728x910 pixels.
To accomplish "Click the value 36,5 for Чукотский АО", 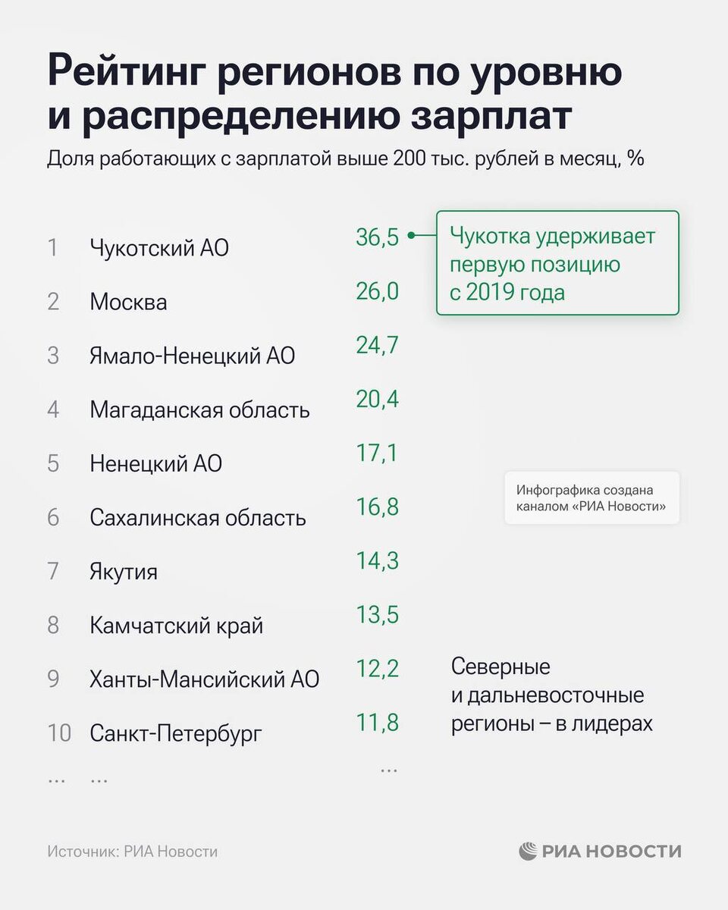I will [377, 237].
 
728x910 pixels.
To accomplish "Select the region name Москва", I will [128, 302].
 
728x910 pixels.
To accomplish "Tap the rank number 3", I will [53, 356].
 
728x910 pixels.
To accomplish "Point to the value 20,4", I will [377, 400].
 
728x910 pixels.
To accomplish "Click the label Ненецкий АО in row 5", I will [155, 463].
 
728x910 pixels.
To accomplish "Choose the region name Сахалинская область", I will [197, 518].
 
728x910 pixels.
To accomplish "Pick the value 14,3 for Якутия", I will [377, 561].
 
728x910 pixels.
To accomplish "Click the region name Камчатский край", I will [176, 626].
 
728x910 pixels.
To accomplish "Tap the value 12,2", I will [377, 669].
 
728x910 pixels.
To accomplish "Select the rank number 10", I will [58, 733].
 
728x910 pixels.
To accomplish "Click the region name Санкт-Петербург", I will [176, 733].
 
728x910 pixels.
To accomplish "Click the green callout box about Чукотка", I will [557, 263].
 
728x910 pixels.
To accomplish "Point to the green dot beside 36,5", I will [410, 236].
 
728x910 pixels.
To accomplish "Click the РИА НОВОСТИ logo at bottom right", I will [600, 851].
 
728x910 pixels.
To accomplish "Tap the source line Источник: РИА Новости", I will [132, 852].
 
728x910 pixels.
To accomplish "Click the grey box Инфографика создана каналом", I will [591, 498].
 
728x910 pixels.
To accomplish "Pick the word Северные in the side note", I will [500, 667].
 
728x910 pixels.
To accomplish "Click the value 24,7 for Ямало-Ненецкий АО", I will [377, 346].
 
